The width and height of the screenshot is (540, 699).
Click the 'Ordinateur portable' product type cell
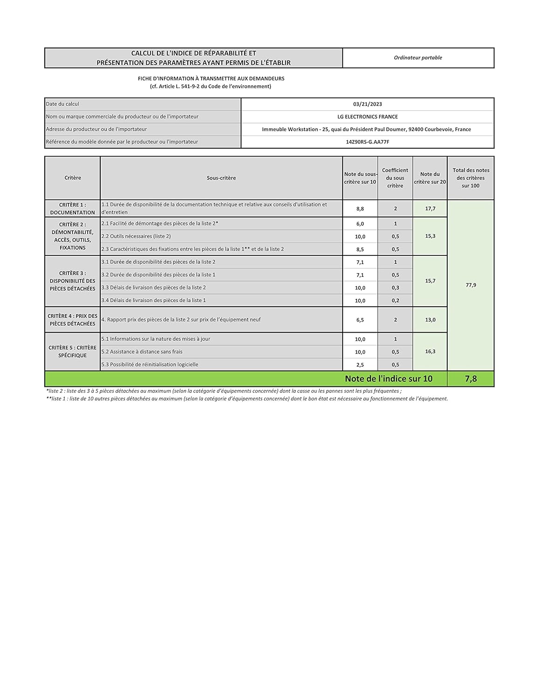point(418,58)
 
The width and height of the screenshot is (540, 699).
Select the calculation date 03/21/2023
point(367,104)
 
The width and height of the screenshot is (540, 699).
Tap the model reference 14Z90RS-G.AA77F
point(367,142)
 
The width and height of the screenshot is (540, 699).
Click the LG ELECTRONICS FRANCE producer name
point(367,117)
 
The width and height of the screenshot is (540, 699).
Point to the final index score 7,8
point(471,379)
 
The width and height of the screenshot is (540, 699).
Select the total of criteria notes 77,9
point(471,285)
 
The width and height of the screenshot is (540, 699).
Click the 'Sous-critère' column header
point(221,178)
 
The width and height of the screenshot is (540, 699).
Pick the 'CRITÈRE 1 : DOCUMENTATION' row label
point(72,208)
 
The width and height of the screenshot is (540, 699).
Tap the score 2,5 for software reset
point(360,365)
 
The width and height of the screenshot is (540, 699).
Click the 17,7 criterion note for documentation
point(430,209)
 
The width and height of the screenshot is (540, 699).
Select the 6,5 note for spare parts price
point(360,320)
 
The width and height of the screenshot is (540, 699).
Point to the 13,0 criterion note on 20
point(430,320)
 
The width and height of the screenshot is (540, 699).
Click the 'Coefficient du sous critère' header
point(395,178)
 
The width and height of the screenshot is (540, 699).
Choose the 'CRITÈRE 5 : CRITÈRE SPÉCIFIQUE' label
point(72,351)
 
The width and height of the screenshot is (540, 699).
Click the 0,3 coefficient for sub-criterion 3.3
point(395,288)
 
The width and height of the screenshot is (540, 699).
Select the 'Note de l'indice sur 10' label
point(389,379)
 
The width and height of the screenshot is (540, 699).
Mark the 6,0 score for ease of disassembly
point(360,224)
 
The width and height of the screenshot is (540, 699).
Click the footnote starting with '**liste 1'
point(247,399)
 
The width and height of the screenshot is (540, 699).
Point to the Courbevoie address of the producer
point(366,130)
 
